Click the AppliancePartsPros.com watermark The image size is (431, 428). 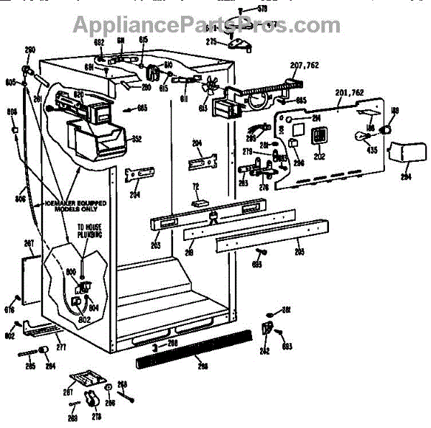[x=197, y=26]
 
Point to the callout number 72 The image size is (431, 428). [x=195, y=186]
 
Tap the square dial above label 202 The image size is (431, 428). [x=320, y=135]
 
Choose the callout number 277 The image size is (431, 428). [x=61, y=347]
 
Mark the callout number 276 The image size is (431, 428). [x=264, y=188]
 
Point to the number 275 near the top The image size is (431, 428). [x=211, y=42]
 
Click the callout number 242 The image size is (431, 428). [x=264, y=351]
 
